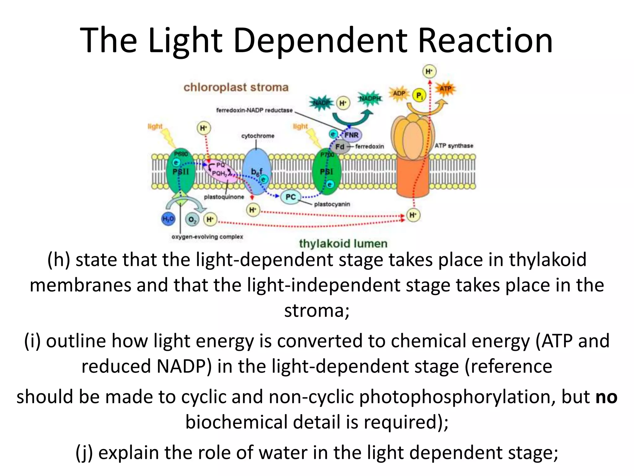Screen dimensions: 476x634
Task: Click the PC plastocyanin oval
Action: (x=290, y=197)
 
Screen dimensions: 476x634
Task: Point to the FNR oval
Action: (x=351, y=135)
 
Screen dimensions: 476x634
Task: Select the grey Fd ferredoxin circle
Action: (x=340, y=147)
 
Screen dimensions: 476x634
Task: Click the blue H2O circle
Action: (x=168, y=219)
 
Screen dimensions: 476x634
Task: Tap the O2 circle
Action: (x=192, y=220)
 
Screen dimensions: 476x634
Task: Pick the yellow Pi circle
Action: (x=419, y=95)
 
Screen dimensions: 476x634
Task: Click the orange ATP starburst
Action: (x=445, y=89)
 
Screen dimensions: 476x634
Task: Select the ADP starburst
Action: (x=399, y=93)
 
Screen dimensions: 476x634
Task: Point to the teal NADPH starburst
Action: (x=370, y=99)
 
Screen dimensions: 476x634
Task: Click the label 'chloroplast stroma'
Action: (x=236, y=87)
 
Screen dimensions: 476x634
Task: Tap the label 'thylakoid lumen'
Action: (x=343, y=244)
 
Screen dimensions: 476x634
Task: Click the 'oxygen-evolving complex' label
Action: (x=207, y=237)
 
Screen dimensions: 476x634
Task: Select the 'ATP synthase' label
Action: (x=454, y=146)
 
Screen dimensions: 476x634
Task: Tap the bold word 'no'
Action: (x=606, y=397)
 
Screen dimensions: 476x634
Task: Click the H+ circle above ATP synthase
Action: (x=429, y=72)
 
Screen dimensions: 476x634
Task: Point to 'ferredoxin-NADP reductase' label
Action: (x=254, y=110)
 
